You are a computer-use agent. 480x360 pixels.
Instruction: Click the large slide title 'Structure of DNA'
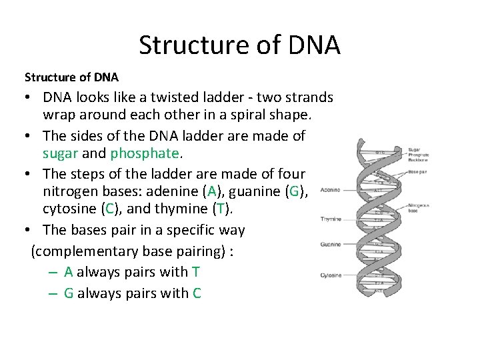(239, 45)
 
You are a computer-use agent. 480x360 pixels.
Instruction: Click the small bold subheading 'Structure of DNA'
(71, 77)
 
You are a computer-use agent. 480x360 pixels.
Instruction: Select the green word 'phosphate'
(144, 153)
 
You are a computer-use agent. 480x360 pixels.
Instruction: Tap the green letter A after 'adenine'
(212, 192)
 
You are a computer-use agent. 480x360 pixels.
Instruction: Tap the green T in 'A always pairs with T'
(195, 272)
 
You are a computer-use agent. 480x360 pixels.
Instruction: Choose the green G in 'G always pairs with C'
(69, 293)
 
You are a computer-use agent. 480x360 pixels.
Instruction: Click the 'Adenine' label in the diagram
(330, 190)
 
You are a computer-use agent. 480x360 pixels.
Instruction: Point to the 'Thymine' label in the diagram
(330, 219)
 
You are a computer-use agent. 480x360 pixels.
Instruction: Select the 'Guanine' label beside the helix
(330, 245)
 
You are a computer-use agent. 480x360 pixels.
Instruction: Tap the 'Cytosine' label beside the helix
(330, 275)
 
